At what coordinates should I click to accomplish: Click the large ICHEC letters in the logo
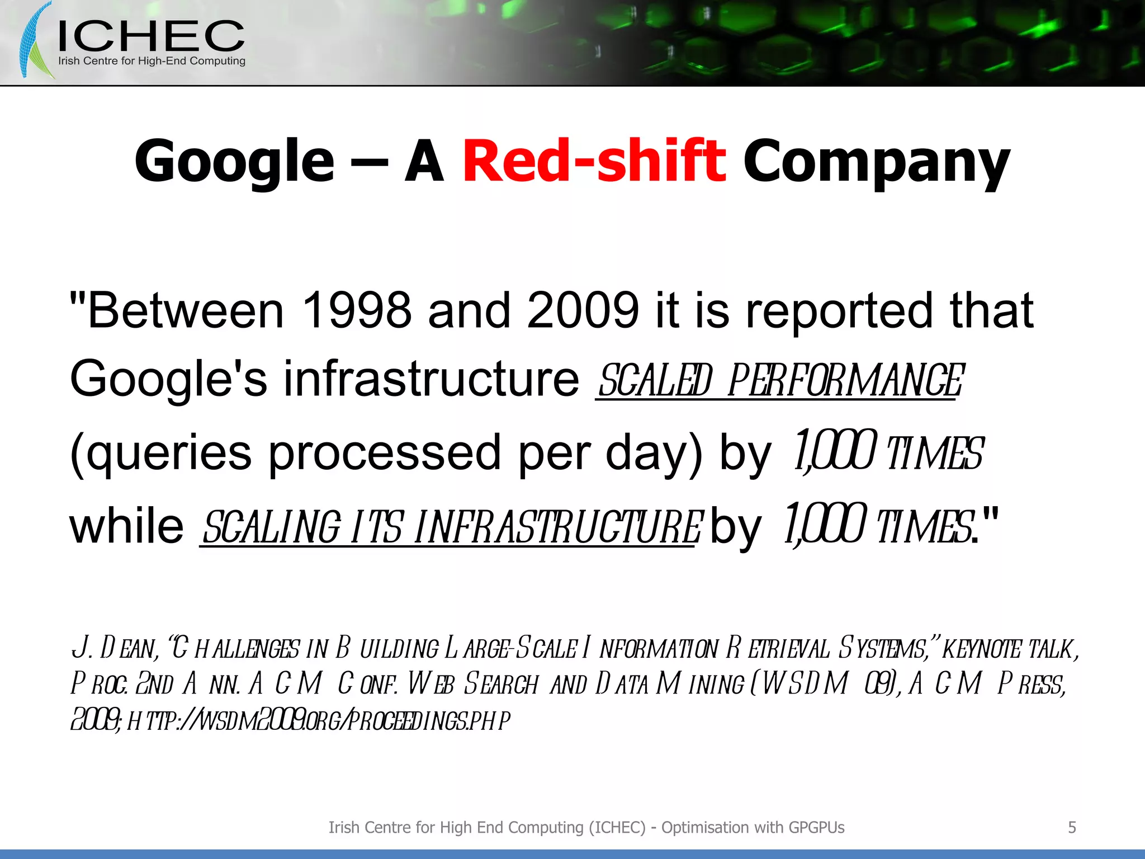[x=151, y=36]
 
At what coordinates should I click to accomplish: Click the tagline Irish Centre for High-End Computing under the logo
[x=152, y=61]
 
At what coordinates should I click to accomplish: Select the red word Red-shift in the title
[x=594, y=161]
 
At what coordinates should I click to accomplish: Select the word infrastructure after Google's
[x=431, y=379]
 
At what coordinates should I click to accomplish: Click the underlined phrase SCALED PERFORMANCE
[x=780, y=380]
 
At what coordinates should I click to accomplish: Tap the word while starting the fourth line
[x=126, y=526]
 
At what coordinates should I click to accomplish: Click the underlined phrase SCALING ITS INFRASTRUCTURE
[x=451, y=527]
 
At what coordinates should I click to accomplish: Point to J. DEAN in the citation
[x=114, y=649]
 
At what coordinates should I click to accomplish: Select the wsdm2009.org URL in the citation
[x=319, y=721]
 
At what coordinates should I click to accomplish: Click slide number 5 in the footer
[x=1072, y=827]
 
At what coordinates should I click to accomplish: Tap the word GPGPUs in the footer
[x=816, y=827]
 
